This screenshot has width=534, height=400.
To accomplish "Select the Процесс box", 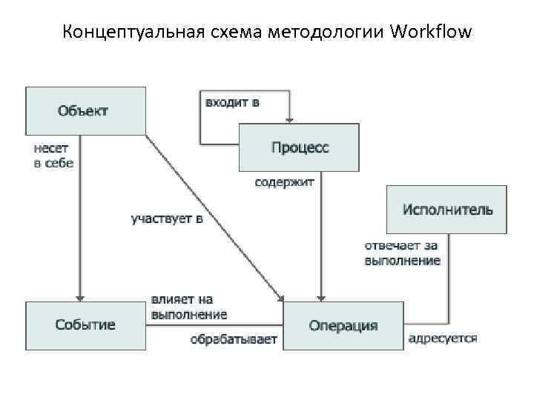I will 299,147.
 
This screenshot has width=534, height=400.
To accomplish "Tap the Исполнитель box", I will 446,209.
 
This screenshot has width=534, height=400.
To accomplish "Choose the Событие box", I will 85,325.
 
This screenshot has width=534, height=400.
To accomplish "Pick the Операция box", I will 343,325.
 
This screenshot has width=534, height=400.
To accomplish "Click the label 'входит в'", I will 232,103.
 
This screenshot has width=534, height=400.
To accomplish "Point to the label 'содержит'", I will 285,181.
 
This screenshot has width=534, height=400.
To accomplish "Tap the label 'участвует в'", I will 167,219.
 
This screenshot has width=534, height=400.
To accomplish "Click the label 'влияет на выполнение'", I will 188,307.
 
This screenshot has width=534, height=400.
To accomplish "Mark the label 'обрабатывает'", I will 233,340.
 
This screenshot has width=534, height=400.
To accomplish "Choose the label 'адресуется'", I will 443,339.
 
